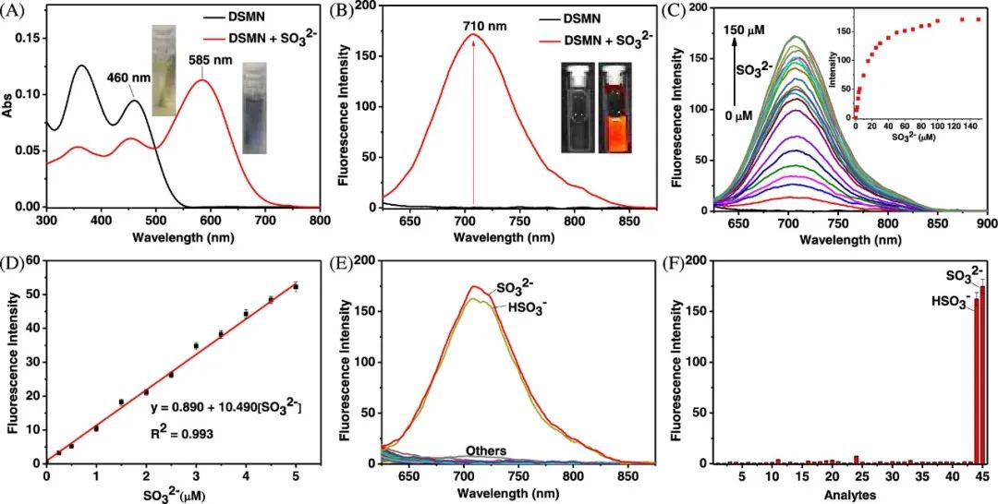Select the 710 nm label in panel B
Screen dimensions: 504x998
[484, 27]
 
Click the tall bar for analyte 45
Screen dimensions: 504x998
[982, 374]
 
